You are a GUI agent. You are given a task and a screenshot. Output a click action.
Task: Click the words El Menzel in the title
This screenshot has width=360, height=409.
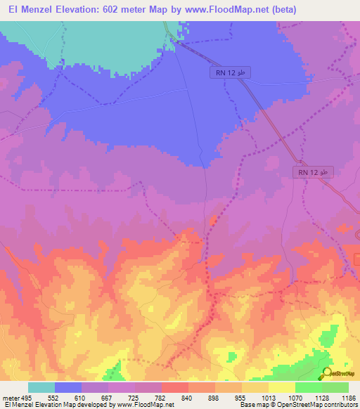28,10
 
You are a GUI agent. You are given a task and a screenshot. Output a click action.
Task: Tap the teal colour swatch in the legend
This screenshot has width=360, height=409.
41,387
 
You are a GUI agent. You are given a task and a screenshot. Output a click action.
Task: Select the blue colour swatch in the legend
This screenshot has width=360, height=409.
68,387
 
